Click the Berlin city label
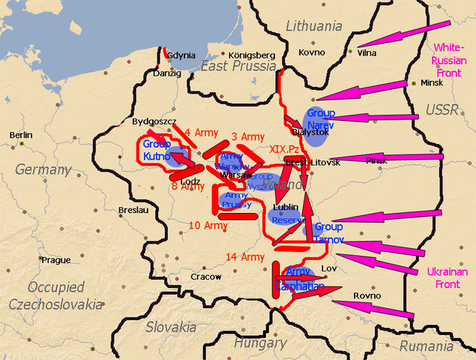pyautogui.click(x=21, y=134)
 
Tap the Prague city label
pyautogui.click(x=56, y=260)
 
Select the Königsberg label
pyautogui.click(x=235, y=55)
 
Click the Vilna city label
pyautogui.click(x=367, y=52)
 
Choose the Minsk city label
pyautogui.click(x=433, y=82)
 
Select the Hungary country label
pyautogui.click(x=260, y=343)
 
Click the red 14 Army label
pyautogui.click(x=245, y=257)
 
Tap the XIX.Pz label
pyautogui.click(x=284, y=149)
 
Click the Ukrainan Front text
pyautogui.click(x=447, y=278)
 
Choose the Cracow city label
pyautogui.click(x=205, y=277)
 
